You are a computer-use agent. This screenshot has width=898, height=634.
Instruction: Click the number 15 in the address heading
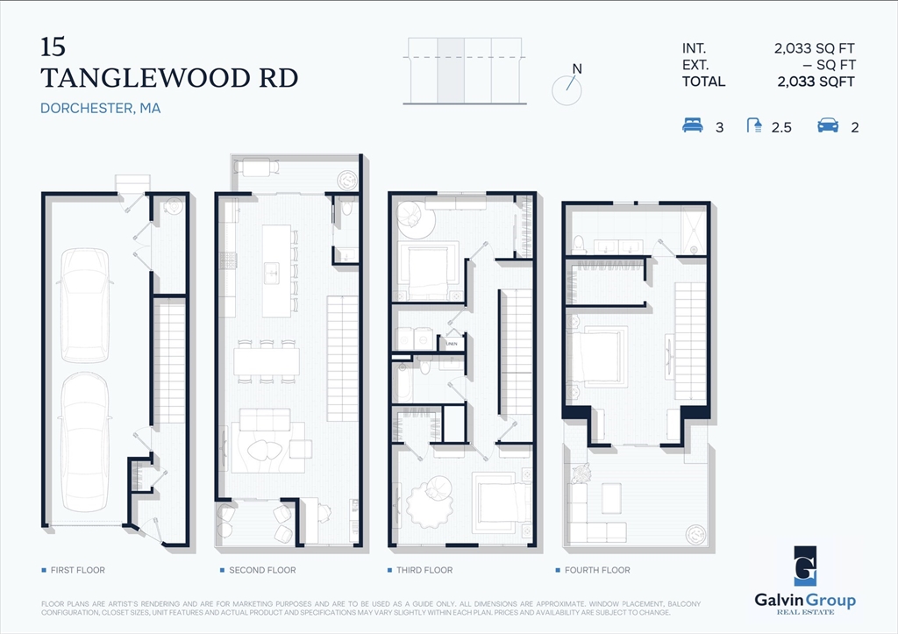tap(53, 46)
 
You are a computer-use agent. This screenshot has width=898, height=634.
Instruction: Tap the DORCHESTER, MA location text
tap(100, 109)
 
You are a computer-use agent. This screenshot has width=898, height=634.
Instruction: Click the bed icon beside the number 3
tap(693, 126)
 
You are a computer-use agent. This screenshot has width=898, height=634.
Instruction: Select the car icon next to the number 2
tap(827, 126)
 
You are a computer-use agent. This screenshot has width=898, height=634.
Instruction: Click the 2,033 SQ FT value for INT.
tap(814, 49)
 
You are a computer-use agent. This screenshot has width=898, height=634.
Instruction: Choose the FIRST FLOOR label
tap(77, 571)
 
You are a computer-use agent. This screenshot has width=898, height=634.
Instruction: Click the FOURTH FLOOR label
tap(596, 571)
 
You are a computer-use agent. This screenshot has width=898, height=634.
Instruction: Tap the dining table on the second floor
tap(267, 360)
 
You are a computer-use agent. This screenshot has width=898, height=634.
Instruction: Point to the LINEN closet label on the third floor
tap(452, 344)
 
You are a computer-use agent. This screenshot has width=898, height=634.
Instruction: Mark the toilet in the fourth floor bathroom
tap(579, 243)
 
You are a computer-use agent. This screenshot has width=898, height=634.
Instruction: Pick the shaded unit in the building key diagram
tap(451, 70)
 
